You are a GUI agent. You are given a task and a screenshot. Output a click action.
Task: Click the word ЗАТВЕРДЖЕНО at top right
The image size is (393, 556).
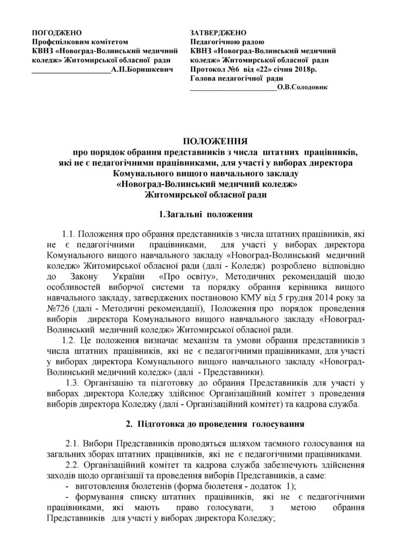tap(218, 33)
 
